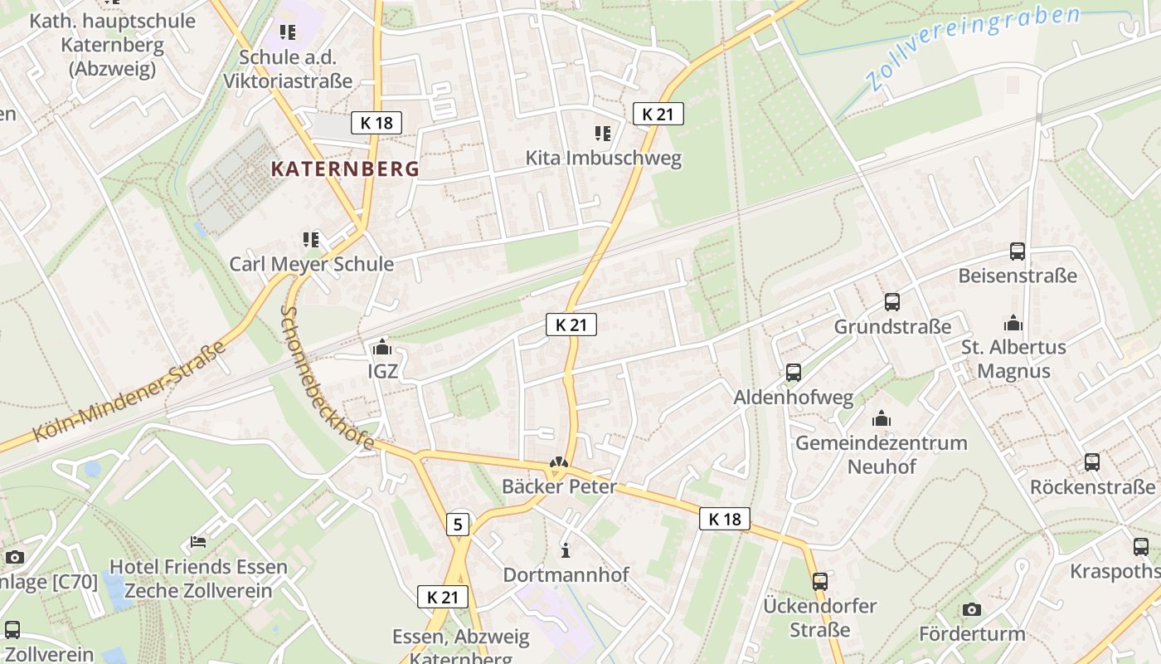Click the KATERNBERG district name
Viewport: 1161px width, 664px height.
(345, 169)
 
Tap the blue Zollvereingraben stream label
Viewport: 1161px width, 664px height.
(973, 48)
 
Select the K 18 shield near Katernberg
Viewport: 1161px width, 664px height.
(376, 123)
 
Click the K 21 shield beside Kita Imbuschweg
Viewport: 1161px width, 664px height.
(658, 114)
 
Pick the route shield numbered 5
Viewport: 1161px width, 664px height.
(458, 524)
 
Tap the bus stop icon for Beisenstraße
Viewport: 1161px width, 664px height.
(1017, 251)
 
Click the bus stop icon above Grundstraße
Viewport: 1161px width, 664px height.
(892, 302)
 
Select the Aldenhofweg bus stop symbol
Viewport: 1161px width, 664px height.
(794, 373)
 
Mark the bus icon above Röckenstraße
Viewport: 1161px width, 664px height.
(1092, 462)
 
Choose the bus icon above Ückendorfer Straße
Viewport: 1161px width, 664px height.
(820, 581)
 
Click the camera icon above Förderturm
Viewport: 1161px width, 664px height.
(972, 610)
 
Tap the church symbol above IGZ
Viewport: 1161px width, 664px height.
(382, 346)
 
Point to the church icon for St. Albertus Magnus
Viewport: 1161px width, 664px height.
(1013, 322)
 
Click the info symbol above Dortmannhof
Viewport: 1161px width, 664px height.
(566, 549)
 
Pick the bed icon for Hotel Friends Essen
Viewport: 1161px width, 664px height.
(198, 542)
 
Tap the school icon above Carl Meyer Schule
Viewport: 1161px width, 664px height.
(311, 240)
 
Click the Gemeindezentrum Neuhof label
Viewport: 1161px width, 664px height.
(881, 454)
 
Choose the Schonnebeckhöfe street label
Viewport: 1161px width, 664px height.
(327, 378)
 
